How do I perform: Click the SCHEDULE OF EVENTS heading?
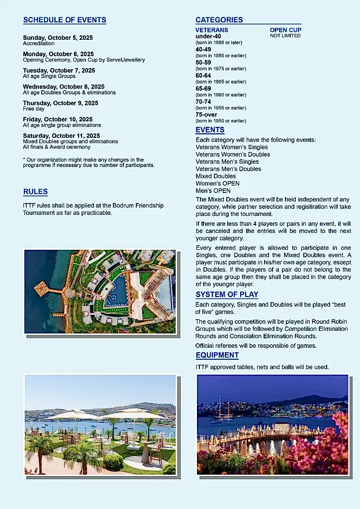(x=65, y=20)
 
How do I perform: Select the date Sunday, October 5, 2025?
(x=58, y=38)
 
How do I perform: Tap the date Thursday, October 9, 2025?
(x=61, y=103)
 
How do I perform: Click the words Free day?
(x=34, y=109)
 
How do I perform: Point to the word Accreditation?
(x=39, y=44)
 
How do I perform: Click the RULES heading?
(x=35, y=192)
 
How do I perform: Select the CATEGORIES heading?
(x=219, y=20)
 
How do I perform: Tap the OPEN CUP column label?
(x=285, y=30)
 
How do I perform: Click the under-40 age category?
(x=208, y=36)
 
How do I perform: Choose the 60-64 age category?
(x=203, y=76)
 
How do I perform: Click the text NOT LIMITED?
(x=285, y=36)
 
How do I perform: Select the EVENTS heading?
(x=210, y=130)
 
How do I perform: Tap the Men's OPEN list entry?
(x=213, y=191)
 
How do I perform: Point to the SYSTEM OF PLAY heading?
(x=227, y=295)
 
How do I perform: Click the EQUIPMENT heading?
(x=217, y=355)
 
